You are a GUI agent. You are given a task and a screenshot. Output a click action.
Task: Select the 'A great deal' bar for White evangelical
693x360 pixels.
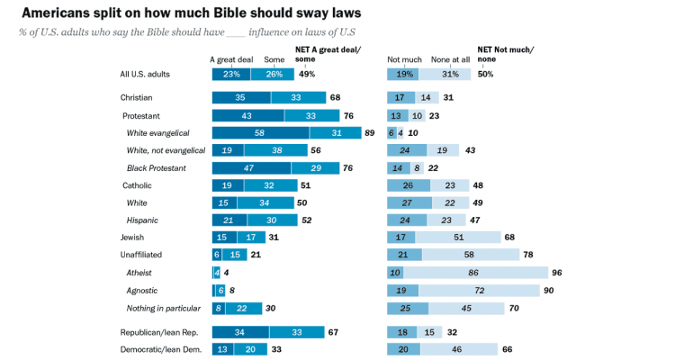[259, 132]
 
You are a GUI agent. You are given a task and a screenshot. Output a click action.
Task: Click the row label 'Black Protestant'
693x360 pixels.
[157, 167]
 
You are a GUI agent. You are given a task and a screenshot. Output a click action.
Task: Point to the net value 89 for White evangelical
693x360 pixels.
[369, 132]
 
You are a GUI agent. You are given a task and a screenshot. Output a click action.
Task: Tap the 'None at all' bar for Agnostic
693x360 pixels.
[480, 290]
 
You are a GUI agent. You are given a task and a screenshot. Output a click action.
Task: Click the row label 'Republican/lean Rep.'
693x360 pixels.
[159, 332]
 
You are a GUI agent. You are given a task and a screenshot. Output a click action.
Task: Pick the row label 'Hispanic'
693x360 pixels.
[142, 220]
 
